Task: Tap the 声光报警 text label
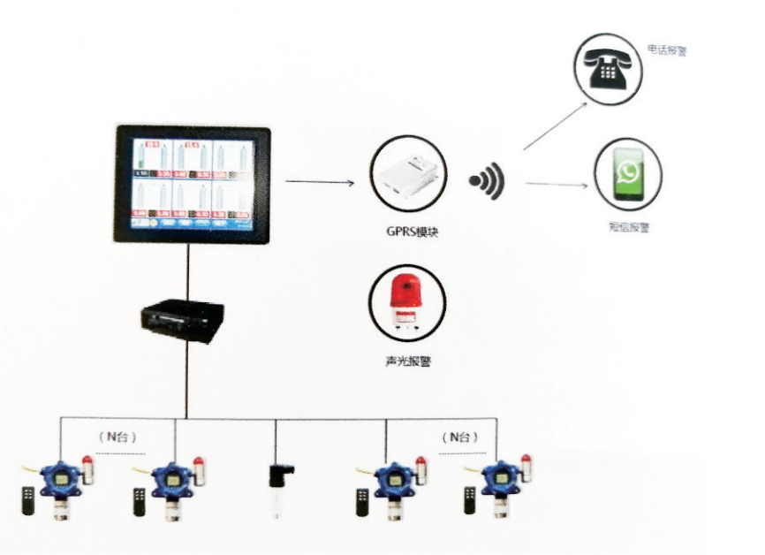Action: pyautogui.click(x=407, y=362)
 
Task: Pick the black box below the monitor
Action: pyautogui.click(x=184, y=317)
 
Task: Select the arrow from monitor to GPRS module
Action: pyautogui.click(x=320, y=183)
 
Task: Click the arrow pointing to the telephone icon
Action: pyautogui.click(x=560, y=123)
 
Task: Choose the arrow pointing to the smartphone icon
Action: pyautogui.click(x=557, y=184)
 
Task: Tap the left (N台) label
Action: pyautogui.click(x=117, y=437)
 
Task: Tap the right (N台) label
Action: pyautogui.click(x=460, y=437)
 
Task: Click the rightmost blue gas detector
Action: pyautogui.click(x=501, y=486)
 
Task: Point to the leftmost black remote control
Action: pyautogui.click(x=28, y=501)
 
